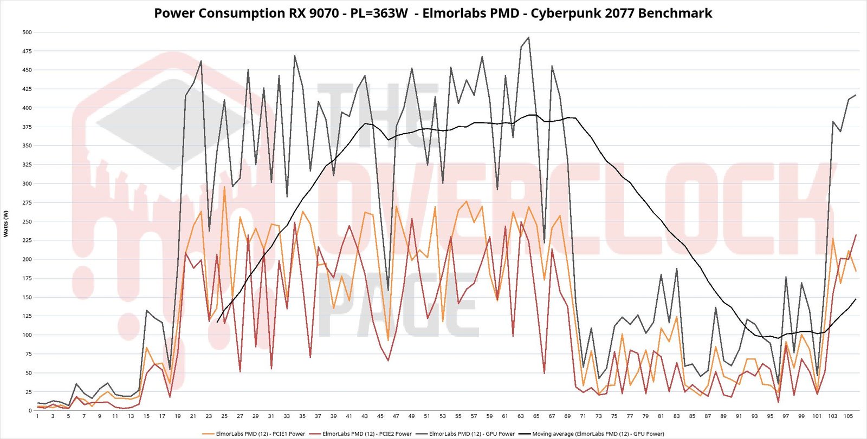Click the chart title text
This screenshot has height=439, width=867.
tap(433, 14)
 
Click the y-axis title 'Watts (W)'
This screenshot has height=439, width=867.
tap(6, 224)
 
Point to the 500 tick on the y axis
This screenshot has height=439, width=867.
tap(27, 32)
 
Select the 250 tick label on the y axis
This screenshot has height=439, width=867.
tap(27, 221)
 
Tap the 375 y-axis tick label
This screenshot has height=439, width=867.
tap(27, 127)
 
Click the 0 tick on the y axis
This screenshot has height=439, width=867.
tap(30, 410)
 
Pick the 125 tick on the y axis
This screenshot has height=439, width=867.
tap(27, 316)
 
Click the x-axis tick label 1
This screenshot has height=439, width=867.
tap(37, 416)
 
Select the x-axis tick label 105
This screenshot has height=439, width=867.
tap(848, 416)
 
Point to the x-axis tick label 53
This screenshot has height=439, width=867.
tap(443, 416)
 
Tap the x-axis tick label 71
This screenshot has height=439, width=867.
tap(583, 416)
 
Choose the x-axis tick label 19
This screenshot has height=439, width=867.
tap(178, 416)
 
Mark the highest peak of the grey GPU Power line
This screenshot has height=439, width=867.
tap(528, 37)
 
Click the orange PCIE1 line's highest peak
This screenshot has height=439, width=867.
tap(224, 187)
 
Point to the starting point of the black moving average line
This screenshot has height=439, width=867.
tap(217, 323)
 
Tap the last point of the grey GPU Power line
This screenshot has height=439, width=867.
tap(856, 95)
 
